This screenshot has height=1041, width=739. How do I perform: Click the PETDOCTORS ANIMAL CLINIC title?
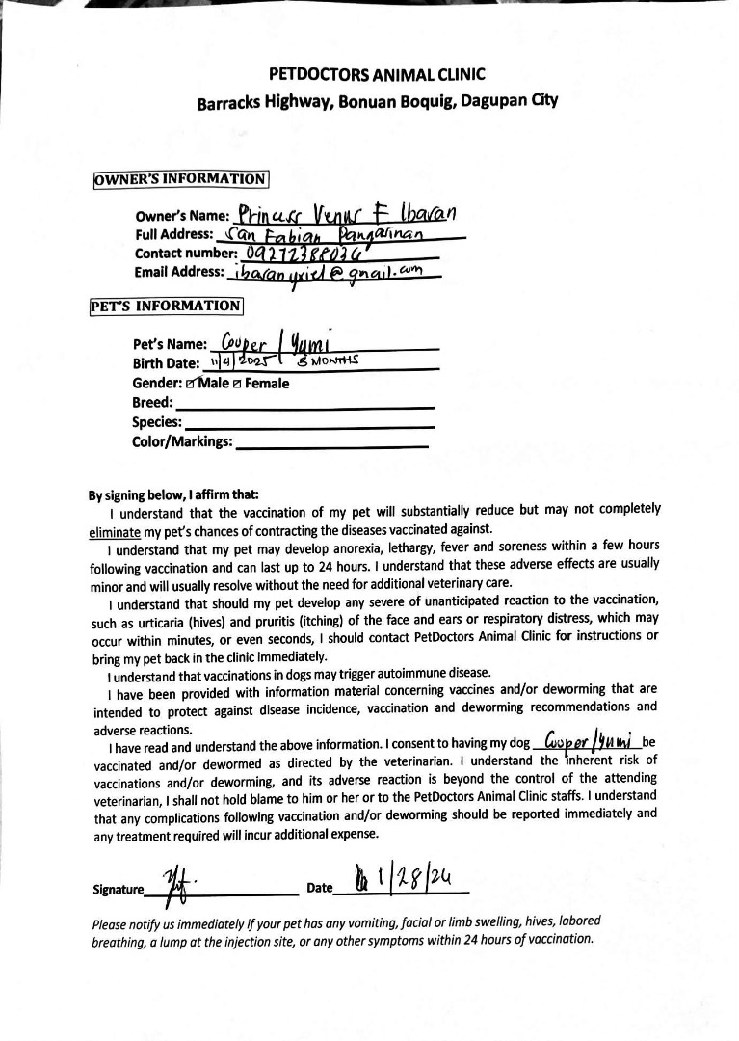(x=377, y=74)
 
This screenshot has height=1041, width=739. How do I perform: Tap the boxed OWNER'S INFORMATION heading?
(x=180, y=179)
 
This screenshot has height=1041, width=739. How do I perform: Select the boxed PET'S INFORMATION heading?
(x=166, y=307)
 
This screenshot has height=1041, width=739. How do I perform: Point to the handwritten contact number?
(x=304, y=254)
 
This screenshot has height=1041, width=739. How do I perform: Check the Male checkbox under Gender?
(x=192, y=384)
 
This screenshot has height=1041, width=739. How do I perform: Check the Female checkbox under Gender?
(x=237, y=384)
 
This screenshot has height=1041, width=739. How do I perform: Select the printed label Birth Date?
(x=166, y=364)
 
